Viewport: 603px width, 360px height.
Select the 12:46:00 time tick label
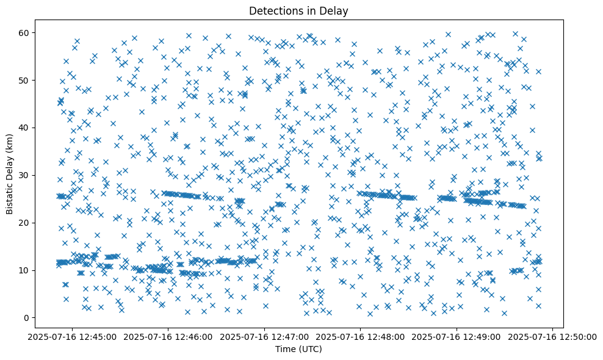(x=168, y=337)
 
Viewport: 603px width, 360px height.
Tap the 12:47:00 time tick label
(x=264, y=337)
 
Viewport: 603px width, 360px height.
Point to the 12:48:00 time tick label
(x=360, y=337)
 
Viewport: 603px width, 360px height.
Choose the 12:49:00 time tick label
(x=457, y=337)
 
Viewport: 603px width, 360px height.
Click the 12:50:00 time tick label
(x=552, y=337)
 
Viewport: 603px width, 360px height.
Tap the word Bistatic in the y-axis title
(x=10, y=197)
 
